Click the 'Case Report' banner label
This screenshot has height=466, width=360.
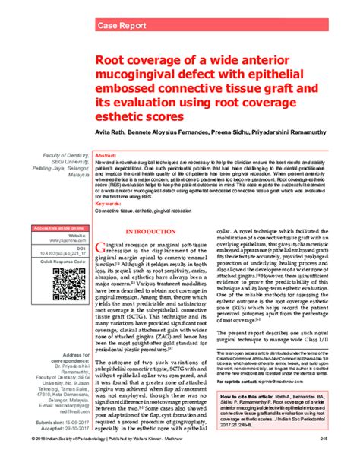(x=122, y=26)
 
